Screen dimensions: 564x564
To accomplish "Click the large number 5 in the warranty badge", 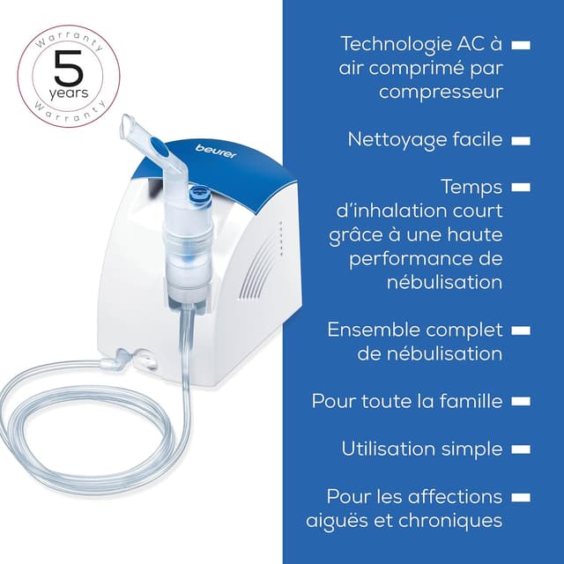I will click(69, 66).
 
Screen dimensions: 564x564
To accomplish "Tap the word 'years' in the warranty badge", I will click(69, 92).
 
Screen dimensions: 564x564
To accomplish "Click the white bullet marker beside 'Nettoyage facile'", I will click(519, 139).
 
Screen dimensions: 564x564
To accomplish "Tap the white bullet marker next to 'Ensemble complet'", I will click(519, 330).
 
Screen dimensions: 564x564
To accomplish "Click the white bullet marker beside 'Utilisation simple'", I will click(519, 449).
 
